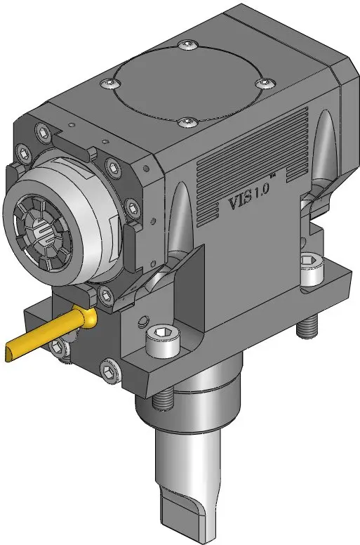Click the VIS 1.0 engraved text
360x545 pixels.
(x=249, y=198)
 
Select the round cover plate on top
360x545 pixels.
(x=188, y=84)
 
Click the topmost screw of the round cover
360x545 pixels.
(x=187, y=44)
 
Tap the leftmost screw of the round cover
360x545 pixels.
(x=110, y=83)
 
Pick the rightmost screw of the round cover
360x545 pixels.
(x=265, y=83)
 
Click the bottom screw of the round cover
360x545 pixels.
(x=188, y=122)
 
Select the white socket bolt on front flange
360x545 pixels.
(x=163, y=340)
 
